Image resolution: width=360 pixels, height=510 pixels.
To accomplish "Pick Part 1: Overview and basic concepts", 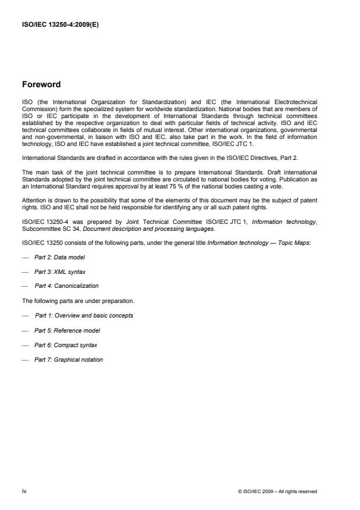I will [84, 315].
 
